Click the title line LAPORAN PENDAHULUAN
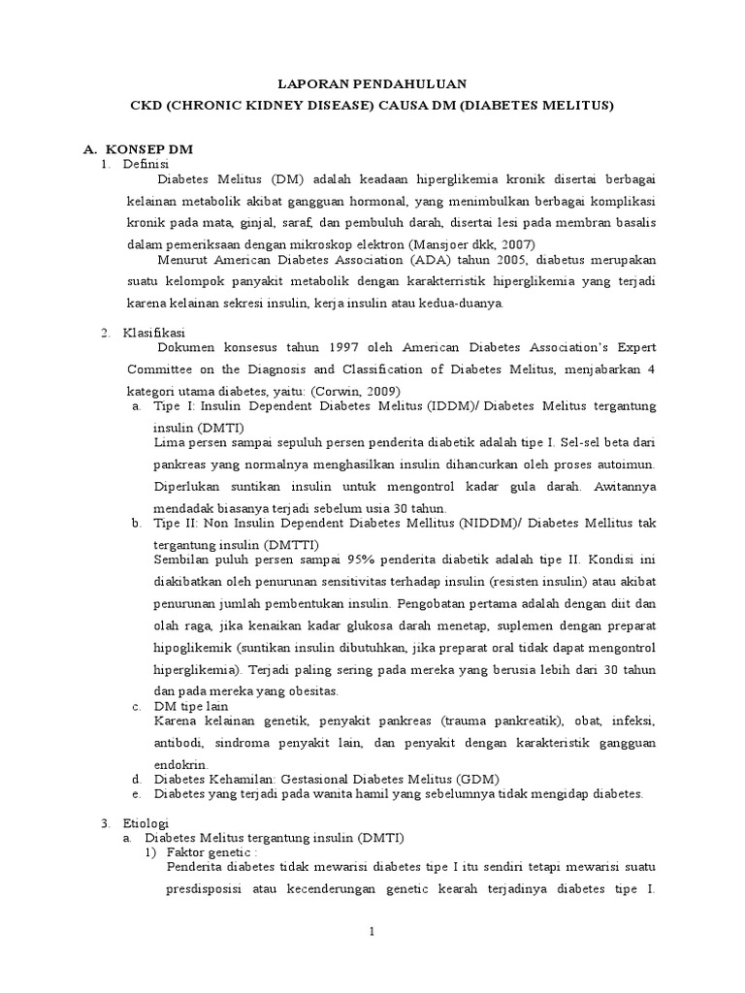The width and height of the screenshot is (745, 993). tap(372, 84)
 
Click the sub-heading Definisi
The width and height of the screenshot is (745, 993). tap(146, 165)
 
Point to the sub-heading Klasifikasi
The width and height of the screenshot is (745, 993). tap(151, 334)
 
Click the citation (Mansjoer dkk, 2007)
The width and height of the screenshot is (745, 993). tap(470, 243)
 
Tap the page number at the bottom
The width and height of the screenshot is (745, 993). tap(372, 932)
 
